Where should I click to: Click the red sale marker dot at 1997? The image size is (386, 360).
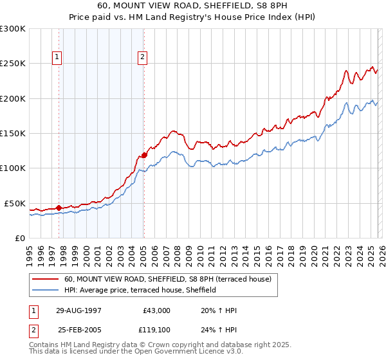click(59, 208)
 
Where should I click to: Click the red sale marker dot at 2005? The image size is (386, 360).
click(144, 154)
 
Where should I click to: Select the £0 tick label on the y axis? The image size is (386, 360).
click(19, 238)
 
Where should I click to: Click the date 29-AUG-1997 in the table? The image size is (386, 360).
click(79, 310)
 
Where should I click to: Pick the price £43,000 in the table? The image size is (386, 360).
click(156, 310)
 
